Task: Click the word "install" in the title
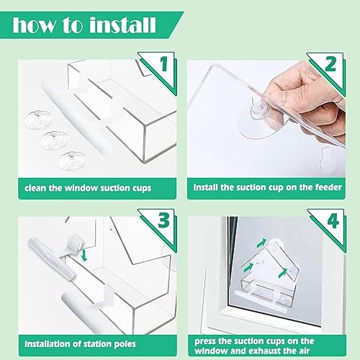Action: tap(122, 25)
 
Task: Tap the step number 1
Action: tap(164, 64)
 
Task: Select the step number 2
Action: tap(330, 64)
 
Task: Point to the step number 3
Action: tap(164, 220)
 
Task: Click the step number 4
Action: tap(333, 220)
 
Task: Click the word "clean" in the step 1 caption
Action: tap(35, 188)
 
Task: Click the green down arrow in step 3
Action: tap(84, 256)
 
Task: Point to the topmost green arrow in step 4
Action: tap(261, 243)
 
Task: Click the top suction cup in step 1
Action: tap(37, 120)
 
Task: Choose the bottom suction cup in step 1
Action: tap(73, 161)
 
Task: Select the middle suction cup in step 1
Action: tap(54, 140)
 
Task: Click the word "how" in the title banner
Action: tap(34, 25)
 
